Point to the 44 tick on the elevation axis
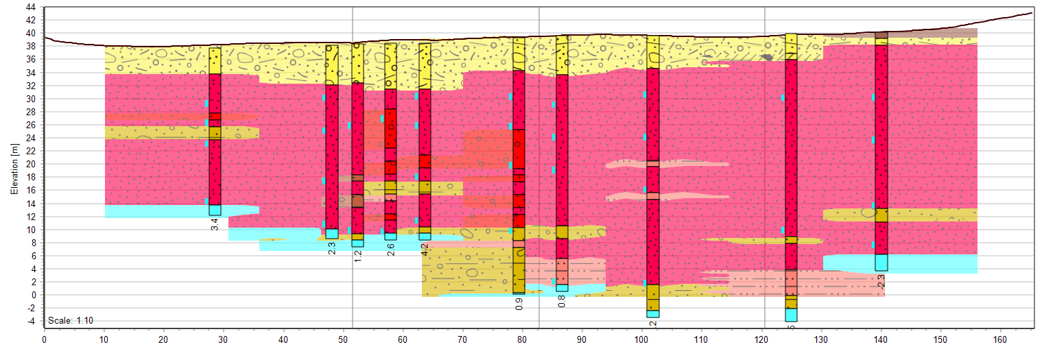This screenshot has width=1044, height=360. click(x=31, y=7)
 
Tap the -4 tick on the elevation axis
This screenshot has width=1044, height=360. click(x=31, y=322)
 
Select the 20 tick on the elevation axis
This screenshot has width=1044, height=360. click(x=31, y=165)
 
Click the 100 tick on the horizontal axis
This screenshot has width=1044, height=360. click(x=641, y=339)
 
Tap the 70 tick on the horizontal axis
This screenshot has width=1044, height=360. click(x=462, y=339)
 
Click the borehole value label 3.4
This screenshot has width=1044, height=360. click(x=215, y=224)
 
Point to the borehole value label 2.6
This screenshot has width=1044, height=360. click(x=390, y=250)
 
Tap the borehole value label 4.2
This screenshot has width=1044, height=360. click(x=425, y=250)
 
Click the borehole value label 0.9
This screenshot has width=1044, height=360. click(x=519, y=303)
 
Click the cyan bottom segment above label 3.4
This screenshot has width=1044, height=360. click(x=215, y=211)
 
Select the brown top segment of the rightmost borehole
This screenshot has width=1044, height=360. click(x=881, y=35)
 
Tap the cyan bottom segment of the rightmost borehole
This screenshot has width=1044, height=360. click(x=881, y=263)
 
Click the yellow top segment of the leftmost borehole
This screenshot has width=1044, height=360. click(x=215, y=60)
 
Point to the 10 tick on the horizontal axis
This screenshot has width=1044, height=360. click(x=104, y=339)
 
